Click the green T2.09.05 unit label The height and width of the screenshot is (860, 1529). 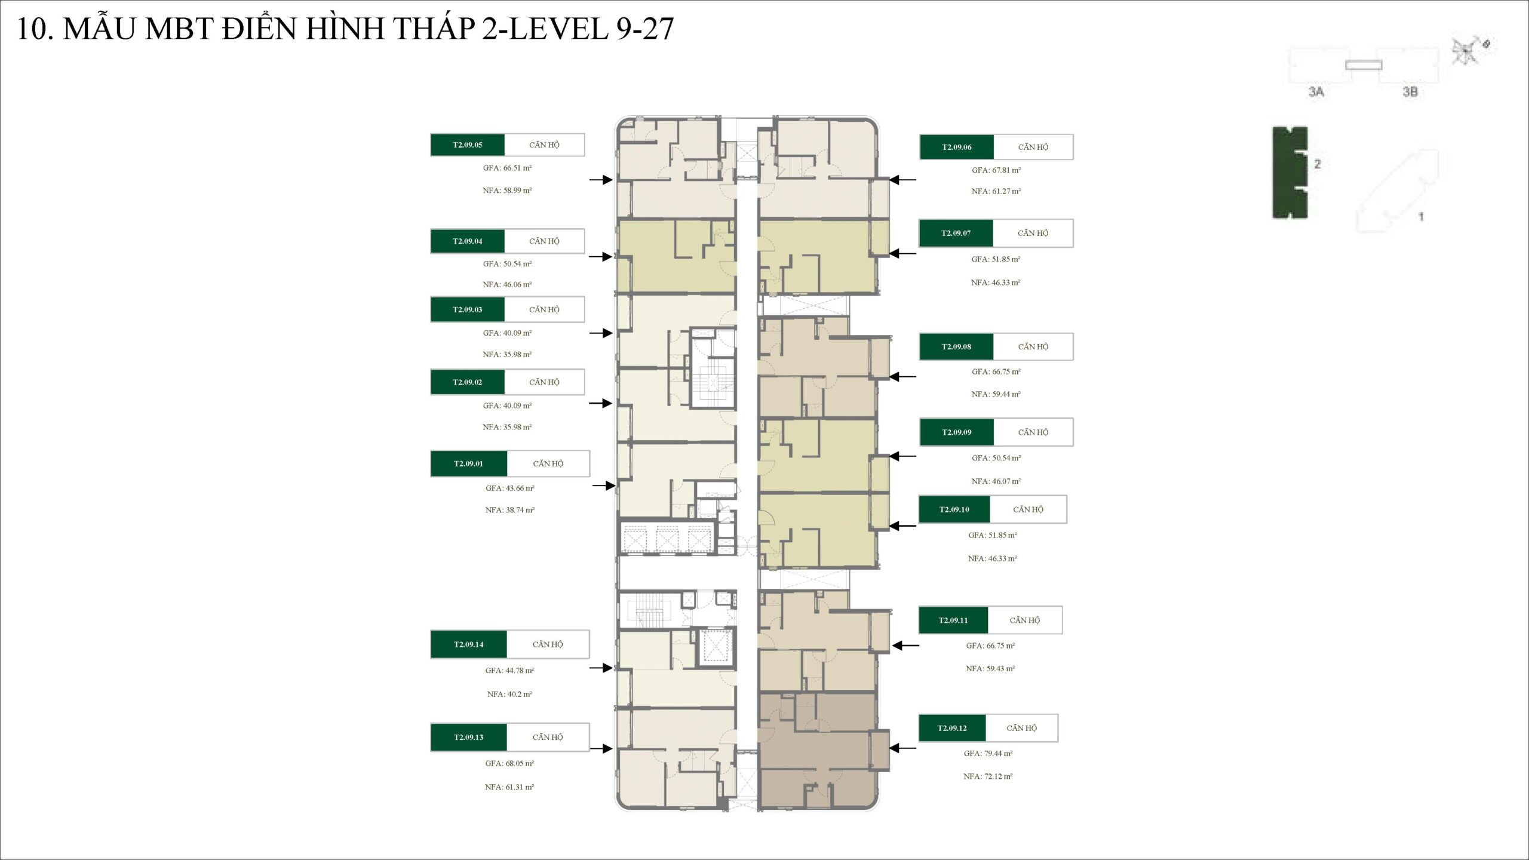(467, 145)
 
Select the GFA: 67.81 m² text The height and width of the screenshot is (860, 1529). (996, 170)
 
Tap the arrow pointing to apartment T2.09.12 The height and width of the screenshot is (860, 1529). (902, 748)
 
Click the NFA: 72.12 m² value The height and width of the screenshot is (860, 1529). (988, 776)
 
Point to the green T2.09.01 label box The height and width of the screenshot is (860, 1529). (468, 463)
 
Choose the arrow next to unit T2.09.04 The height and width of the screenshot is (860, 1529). (601, 257)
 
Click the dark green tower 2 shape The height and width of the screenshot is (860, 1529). (1290, 173)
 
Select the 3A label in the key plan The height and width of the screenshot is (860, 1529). (1316, 91)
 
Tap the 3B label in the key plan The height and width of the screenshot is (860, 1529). (1410, 91)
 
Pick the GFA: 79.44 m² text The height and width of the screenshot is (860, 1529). (988, 754)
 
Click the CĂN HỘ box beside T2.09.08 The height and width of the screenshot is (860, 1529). (1033, 347)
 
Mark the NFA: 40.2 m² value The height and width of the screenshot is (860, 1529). (509, 694)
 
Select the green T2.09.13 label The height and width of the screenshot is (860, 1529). (468, 738)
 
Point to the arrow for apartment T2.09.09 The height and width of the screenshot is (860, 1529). (902, 456)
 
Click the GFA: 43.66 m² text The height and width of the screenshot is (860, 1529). (509, 489)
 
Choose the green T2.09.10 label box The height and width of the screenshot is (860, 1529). (954, 509)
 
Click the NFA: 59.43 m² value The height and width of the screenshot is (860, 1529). (990, 669)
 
